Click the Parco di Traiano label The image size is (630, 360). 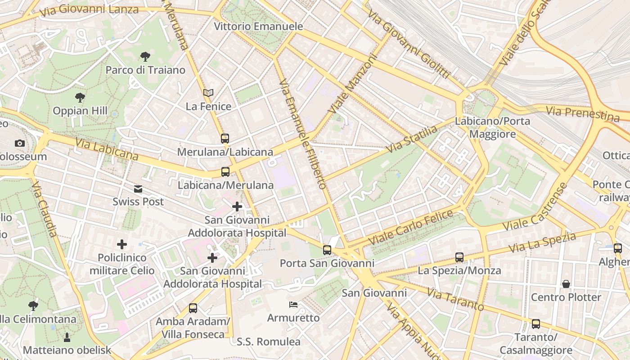click(145, 70)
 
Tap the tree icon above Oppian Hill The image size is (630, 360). click(80, 97)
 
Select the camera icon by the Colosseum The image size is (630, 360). click(19, 143)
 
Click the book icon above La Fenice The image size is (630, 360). click(208, 93)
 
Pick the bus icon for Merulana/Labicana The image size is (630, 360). click(225, 139)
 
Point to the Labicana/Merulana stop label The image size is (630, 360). click(225, 185)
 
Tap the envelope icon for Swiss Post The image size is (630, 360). click(138, 189)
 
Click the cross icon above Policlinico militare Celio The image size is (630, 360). click(121, 244)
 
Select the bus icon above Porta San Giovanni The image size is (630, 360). click(327, 250)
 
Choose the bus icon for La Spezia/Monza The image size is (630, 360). click(459, 257)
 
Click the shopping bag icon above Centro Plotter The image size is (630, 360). click(566, 284)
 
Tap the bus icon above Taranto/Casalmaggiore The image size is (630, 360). click(535, 324)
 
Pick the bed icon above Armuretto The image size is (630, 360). click(293, 305)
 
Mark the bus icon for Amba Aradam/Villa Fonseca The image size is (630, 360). click(193, 308)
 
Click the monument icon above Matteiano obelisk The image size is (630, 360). click(67, 337)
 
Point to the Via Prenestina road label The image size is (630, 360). click(582, 114)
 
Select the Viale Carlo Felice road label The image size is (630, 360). click(411, 228)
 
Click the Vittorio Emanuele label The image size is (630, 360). click(258, 26)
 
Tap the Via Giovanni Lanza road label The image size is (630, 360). click(89, 9)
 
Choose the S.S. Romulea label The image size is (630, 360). click(269, 342)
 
